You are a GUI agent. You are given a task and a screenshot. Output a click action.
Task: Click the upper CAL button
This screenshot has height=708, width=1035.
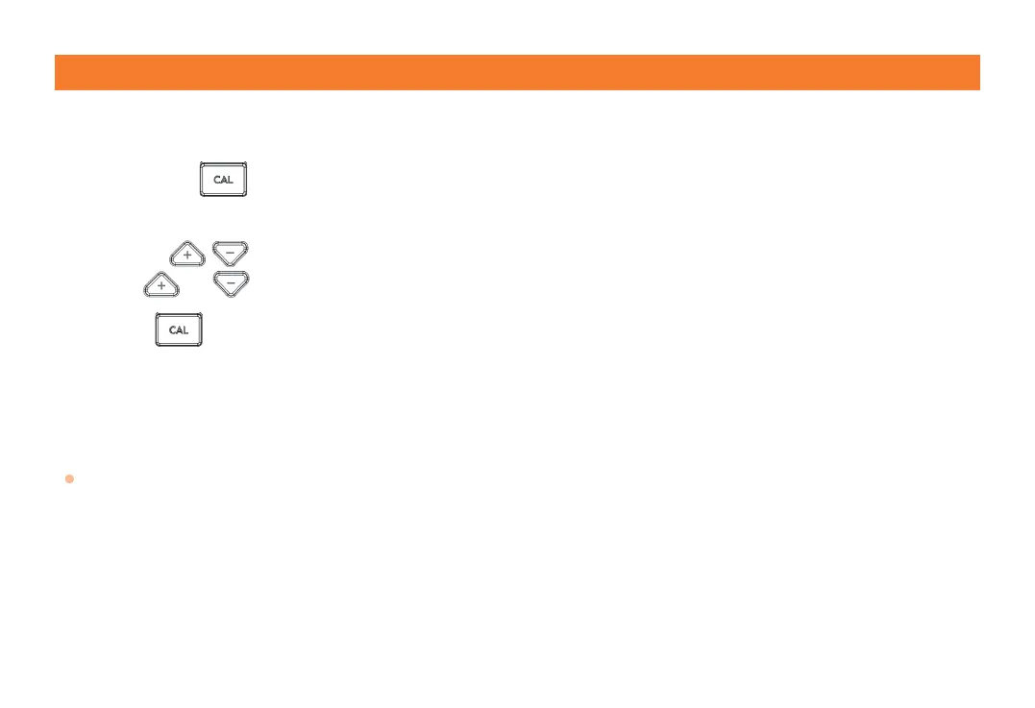point(223,180)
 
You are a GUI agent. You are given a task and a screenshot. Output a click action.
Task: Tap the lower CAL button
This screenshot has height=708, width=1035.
point(179,330)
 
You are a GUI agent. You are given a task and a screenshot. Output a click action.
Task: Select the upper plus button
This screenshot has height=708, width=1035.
point(186,255)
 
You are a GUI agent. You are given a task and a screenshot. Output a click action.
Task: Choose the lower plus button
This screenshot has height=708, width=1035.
point(160,285)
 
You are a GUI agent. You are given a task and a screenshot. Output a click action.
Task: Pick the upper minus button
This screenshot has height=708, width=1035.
point(231,254)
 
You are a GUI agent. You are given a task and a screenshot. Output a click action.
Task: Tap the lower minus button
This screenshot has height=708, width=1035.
point(231,283)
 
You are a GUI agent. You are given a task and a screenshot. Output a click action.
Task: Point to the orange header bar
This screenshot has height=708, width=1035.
point(517,72)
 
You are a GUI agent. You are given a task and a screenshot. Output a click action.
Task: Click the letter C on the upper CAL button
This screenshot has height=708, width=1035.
point(216,180)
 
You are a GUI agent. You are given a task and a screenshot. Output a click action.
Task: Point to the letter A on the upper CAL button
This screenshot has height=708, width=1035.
point(223,180)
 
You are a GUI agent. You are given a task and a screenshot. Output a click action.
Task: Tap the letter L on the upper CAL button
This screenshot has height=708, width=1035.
point(230,180)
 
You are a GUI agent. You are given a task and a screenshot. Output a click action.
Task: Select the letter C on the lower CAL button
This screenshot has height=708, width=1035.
point(172,330)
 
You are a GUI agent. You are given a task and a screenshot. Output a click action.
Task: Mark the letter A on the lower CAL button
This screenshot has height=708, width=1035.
point(179,330)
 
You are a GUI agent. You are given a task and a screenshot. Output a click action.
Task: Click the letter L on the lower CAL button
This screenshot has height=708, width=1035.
point(185,330)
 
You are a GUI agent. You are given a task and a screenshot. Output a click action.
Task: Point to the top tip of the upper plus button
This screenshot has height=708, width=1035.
point(186,241)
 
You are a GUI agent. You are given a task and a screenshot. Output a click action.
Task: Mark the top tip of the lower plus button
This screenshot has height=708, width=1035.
point(160,273)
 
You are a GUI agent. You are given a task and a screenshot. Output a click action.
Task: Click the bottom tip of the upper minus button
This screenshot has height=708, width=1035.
point(231,265)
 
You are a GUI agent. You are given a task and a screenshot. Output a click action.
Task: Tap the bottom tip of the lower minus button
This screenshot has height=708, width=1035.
point(231,295)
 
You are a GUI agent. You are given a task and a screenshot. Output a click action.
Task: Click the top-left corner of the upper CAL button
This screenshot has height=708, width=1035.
point(201,163)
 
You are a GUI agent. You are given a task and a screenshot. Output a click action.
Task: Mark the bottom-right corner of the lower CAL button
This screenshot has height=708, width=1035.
point(201,345)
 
